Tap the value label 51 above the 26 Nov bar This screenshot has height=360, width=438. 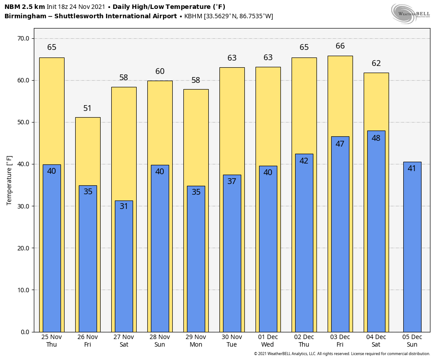[x=88, y=108]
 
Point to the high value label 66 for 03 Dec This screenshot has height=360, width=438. [x=340, y=46]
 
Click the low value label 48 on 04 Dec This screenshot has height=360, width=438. [x=376, y=138]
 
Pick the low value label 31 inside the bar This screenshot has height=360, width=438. [x=124, y=206]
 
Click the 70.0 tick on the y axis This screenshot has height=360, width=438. [x=23, y=38]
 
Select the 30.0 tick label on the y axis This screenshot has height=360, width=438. [x=23, y=206]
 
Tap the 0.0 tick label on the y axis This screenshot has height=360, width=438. [x=25, y=332]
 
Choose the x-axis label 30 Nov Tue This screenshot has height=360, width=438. [x=232, y=340]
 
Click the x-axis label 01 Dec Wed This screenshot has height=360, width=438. [x=268, y=340]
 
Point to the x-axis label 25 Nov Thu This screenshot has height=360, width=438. [x=52, y=340]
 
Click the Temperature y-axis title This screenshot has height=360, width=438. [x=9, y=180]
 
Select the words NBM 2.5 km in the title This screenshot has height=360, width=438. [x=24, y=7]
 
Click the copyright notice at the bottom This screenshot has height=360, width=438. [x=342, y=354]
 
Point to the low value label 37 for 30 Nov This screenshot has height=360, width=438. [x=232, y=181]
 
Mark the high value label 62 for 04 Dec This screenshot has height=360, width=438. [x=376, y=63]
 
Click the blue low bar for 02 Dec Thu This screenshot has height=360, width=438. [x=304, y=250]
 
